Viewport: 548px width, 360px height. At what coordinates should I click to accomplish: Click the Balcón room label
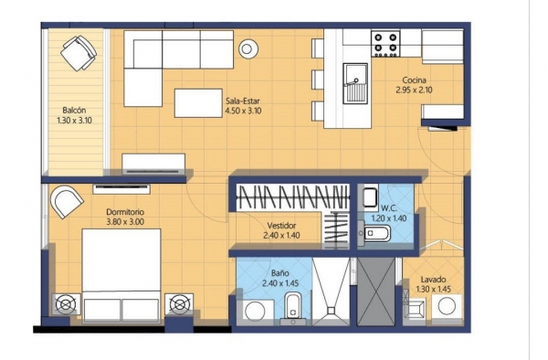pyautogui.click(x=74, y=110)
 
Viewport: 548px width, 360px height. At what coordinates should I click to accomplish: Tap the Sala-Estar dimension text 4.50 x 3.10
pyautogui.click(x=243, y=111)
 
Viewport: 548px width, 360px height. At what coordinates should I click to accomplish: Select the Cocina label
pyautogui.click(x=414, y=80)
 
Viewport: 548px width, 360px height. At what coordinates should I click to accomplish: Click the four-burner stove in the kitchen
pyautogui.click(x=385, y=43)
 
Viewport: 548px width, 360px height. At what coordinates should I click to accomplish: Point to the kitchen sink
pyautogui.click(x=355, y=83)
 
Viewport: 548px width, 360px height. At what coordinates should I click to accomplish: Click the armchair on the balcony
pyautogui.click(x=79, y=53)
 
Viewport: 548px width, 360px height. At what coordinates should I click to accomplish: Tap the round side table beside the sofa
pyautogui.click(x=248, y=49)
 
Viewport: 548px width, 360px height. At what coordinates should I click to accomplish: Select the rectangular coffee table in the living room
pyautogui.click(x=198, y=103)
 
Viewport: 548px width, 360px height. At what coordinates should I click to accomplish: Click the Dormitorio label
pyautogui.click(x=125, y=212)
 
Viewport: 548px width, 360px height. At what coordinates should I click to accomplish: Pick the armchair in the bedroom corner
pyautogui.click(x=67, y=202)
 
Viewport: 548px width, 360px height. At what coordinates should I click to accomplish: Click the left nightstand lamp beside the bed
pyautogui.click(x=66, y=304)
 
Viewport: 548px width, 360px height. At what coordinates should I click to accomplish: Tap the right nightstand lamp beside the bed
pyautogui.click(x=179, y=303)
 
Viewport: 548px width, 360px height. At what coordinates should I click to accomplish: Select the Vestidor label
pyautogui.click(x=281, y=226)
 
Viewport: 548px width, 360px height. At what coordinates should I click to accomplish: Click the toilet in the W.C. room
pyautogui.click(x=374, y=234)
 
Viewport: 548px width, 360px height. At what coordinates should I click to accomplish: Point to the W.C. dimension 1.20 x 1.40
pyautogui.click(x=389, y=218)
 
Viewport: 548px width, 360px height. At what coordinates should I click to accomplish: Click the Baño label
pyautogui.click(x=280, y=273)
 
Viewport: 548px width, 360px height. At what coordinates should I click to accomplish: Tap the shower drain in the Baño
pyautogui.click(x=331, y=310)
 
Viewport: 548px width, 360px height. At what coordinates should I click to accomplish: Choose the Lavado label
pyautogui.click(x=433, y=280)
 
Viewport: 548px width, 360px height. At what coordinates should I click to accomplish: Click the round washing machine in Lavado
pyautogui.click(x=447, y=306)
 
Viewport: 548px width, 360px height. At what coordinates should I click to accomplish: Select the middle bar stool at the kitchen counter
pyautogui.click(x=317, y=79)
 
